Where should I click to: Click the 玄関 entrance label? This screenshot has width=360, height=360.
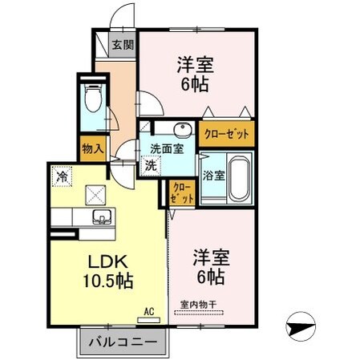[123, 44]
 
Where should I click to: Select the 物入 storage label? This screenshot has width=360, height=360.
[91, 148]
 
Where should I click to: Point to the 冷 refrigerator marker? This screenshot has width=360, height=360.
[62, 172]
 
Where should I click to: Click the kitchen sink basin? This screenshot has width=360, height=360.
[101, 216]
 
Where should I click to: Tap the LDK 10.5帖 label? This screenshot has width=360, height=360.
[106, 273]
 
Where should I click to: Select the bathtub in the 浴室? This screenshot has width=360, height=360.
[240, 176]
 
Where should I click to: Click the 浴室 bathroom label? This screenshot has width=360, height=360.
[212, 176]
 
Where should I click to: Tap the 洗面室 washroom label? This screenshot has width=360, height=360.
[166, 148]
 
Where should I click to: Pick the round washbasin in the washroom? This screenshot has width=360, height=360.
[181, 131]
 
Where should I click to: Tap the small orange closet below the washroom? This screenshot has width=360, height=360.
[181, 192]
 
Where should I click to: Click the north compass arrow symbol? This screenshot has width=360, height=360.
[301, 326]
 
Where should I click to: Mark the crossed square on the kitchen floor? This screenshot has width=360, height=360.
[95, 193]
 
